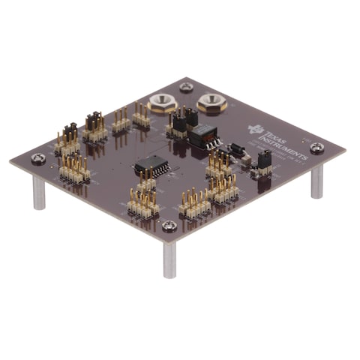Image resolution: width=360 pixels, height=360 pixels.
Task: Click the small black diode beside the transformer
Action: (x=238, y=148)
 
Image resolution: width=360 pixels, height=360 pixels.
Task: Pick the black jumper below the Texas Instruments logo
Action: (x=264, y=160)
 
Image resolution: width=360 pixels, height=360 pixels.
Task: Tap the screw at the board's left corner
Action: (x=38, y=158)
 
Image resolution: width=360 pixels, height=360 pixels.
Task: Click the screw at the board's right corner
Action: (x=317, y=148)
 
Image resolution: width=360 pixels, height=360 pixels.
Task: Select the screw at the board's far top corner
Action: (x=186, y=87)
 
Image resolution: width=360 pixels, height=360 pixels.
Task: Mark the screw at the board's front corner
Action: (x=170, y=226)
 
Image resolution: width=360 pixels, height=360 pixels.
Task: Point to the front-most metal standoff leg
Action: (x=170, y=259)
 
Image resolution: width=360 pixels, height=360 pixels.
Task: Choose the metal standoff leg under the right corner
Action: (x=317, y=181)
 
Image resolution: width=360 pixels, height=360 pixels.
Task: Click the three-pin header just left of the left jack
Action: (x=140, y=115)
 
